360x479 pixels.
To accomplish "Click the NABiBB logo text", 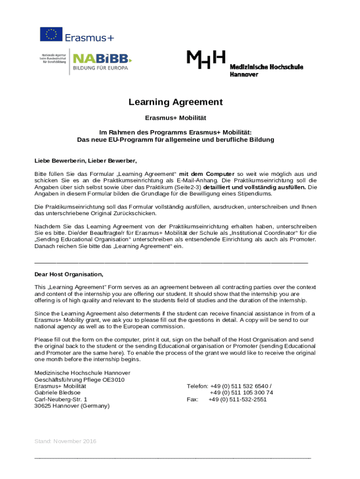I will (102, 58).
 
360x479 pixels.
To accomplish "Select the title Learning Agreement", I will (176, 102).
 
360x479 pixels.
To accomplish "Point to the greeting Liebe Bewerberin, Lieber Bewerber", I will (86, 161).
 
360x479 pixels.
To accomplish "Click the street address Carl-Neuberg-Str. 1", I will (61, 399).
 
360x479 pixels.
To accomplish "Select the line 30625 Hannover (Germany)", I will (72, 406).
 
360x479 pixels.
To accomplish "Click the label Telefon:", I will (197, 386).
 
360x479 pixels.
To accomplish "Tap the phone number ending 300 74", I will (241, 393).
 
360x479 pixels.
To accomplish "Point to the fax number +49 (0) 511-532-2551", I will (238, 399).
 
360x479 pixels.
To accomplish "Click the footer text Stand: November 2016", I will (65, 441).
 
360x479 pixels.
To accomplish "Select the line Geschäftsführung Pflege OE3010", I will (79, 380).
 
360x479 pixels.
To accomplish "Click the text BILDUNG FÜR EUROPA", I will (100, 68).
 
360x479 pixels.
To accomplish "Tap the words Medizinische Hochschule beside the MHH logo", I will (266, 67).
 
